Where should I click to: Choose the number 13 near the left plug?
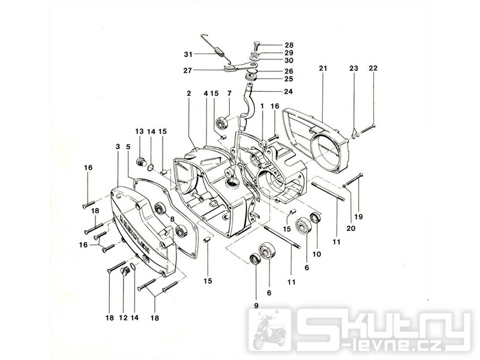pos(139,131)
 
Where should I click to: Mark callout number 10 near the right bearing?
pos(317,254)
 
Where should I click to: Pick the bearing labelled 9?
pos(255,259)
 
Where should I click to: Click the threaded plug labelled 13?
pos(143,161)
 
